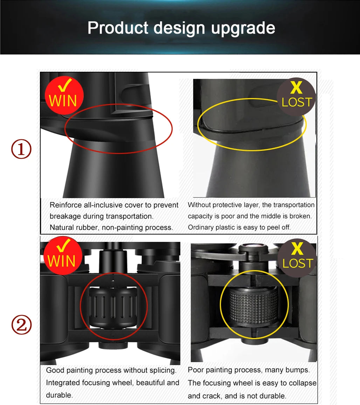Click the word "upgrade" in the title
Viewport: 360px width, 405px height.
click(x=243, y=28)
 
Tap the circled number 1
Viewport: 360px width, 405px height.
click(x=21, y=149)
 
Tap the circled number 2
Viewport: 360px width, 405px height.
click(x=21, y=324)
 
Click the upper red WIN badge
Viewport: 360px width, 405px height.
click(x=64, y=95)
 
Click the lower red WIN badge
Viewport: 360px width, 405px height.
click(x=63, y=256)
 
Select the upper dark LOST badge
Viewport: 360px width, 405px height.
click(x=296, y=97)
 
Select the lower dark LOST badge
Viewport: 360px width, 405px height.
click(x=297, y=258)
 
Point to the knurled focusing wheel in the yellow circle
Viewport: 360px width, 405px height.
click(x=254, y=305)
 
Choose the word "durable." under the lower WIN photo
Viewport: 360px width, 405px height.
click(x=59, y=395)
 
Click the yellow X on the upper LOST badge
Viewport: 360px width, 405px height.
click(x=296, y=88)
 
